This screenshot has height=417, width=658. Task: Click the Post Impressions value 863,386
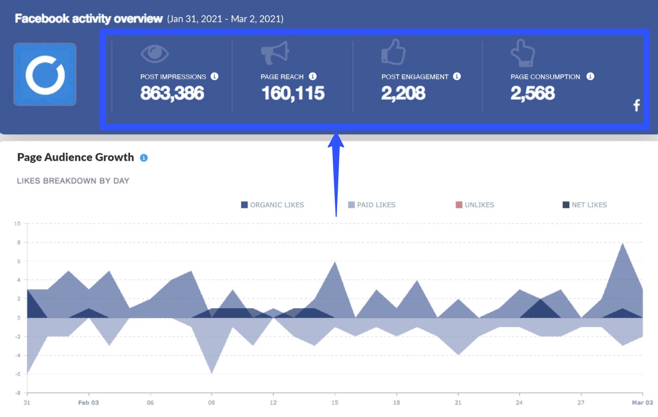pos(172,93)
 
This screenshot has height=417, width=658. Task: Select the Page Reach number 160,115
pos(293,93)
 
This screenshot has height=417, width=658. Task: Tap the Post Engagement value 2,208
pos(403,93)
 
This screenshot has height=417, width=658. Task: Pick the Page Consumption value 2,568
pos(533,93)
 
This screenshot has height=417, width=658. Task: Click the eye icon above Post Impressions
pos(155,54)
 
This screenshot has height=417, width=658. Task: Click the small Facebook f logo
pos(637,105)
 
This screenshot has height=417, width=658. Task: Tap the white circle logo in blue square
pos(45,74)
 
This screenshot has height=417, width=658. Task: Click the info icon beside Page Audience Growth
pos(144,158)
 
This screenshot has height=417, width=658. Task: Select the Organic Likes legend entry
pos(272,205)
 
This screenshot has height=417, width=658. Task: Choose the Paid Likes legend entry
pos(371,205)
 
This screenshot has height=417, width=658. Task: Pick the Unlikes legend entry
pos(475,205)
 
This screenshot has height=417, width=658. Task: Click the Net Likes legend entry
pos(585,205)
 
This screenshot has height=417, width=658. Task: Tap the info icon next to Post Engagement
pos(457,76)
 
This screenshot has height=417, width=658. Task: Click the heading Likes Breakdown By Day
pos(73,181)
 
